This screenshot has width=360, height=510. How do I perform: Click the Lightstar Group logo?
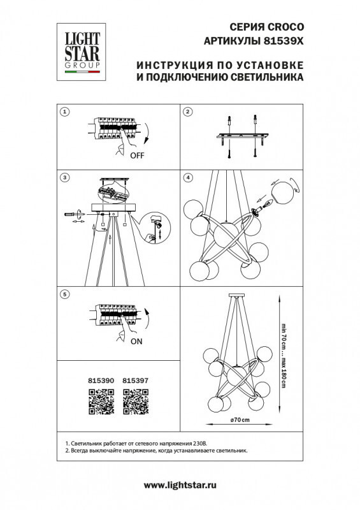pyautogui.click(x=83, y=48)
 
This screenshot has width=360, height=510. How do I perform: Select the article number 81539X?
pyautogui.click(x=283, y=41)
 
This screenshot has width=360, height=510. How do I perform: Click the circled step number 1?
pyautogui.click(x=64, y=112)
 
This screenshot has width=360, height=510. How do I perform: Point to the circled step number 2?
pyautogui.click(x=187, y=112)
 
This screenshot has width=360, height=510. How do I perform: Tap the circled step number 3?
pyautogui.click(x=64, y=177)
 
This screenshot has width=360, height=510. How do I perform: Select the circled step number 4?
pyautogui.click(x=187, y=177)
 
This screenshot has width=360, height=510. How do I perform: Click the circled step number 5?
pyautogui.click(x=64, y=294)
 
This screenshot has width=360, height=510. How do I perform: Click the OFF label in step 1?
pyautogui.click(x=136, y=155)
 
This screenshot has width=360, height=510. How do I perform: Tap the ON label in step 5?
pyautogui.click(x=136, y=341)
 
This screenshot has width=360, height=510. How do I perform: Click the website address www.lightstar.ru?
pyautogui.click(x=180, y=486)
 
